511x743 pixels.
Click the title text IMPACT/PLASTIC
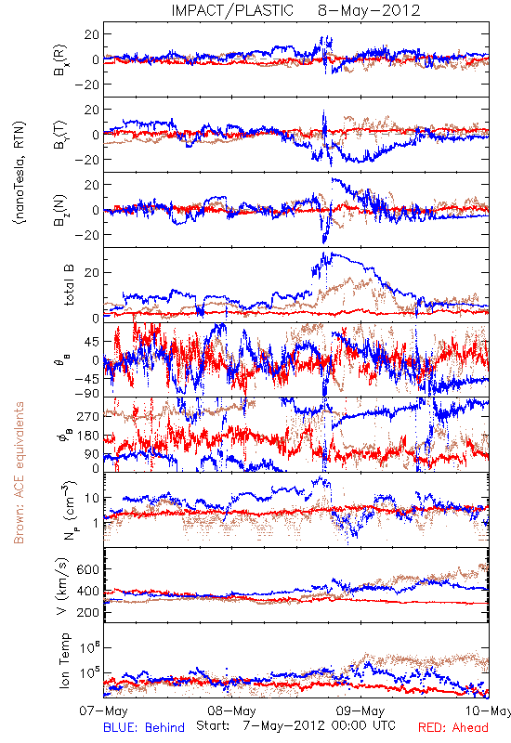[232, 10]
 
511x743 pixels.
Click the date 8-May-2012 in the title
[369, 10]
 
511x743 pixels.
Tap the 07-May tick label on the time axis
[103, 710]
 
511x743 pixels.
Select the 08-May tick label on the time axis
[231, 710]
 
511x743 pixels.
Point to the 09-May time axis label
[360, 710]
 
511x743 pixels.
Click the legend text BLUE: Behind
[144, 727]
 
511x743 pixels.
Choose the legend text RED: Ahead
[453, 727]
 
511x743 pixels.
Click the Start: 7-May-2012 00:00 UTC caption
[295, 726]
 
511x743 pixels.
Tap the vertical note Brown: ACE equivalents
[19, 473]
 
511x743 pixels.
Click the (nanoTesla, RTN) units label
[20, 173]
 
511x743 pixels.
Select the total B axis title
[68, 285]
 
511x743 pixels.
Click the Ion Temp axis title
[64, 660]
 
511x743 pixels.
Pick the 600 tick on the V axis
[87, 569]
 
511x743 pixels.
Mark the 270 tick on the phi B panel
[88, 416]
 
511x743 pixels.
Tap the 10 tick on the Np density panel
[92, 499]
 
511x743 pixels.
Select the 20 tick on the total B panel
[92, 273]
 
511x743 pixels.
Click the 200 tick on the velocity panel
[87, 613]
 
